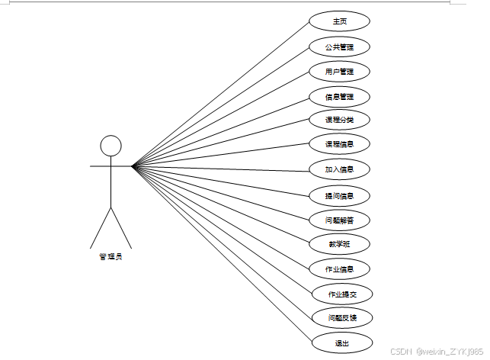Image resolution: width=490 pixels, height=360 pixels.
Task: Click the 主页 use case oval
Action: (x=339, y=21)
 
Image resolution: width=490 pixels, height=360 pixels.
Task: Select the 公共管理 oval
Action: (x=339, y=47)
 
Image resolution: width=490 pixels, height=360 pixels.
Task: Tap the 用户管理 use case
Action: (x=339, y=72)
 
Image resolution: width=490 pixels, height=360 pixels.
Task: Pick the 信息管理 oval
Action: (x=339, y=97)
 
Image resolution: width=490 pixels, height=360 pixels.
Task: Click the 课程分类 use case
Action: (x=339, y=120)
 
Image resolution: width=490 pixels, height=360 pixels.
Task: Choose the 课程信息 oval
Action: (x=339, y=143)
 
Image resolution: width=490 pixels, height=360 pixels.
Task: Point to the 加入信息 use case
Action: (x=339, y=169)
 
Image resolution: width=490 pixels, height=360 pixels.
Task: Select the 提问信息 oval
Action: (x=339, y=195)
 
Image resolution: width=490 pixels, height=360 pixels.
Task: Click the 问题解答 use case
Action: (x=339, y=220)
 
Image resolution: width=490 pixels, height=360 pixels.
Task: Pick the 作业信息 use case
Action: (x=339, y=268)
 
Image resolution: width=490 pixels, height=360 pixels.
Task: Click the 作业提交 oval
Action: (x=339, y=294)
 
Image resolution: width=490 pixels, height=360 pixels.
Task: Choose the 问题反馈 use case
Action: (x=339, y=317)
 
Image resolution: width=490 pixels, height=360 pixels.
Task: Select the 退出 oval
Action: (x=341, y=343)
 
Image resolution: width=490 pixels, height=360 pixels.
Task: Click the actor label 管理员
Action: (x=110, y=256)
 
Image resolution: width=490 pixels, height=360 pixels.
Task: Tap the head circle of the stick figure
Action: (x=111, y=146)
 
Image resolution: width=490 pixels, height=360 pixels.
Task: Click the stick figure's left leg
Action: (x=101, y=227)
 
